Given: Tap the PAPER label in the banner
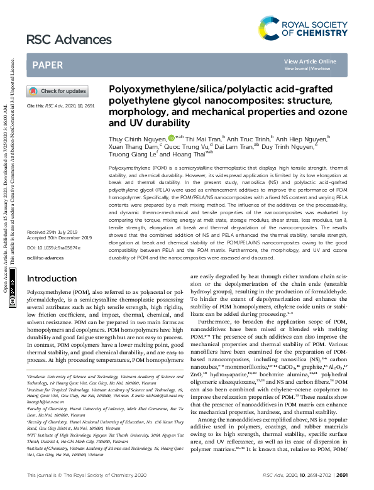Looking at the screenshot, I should pyautogui.click(x=47, y=65).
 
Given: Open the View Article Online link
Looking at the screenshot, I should pyautogui.click(x=310, y=61).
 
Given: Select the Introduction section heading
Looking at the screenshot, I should pyautogui.click(x=52, y=278).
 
